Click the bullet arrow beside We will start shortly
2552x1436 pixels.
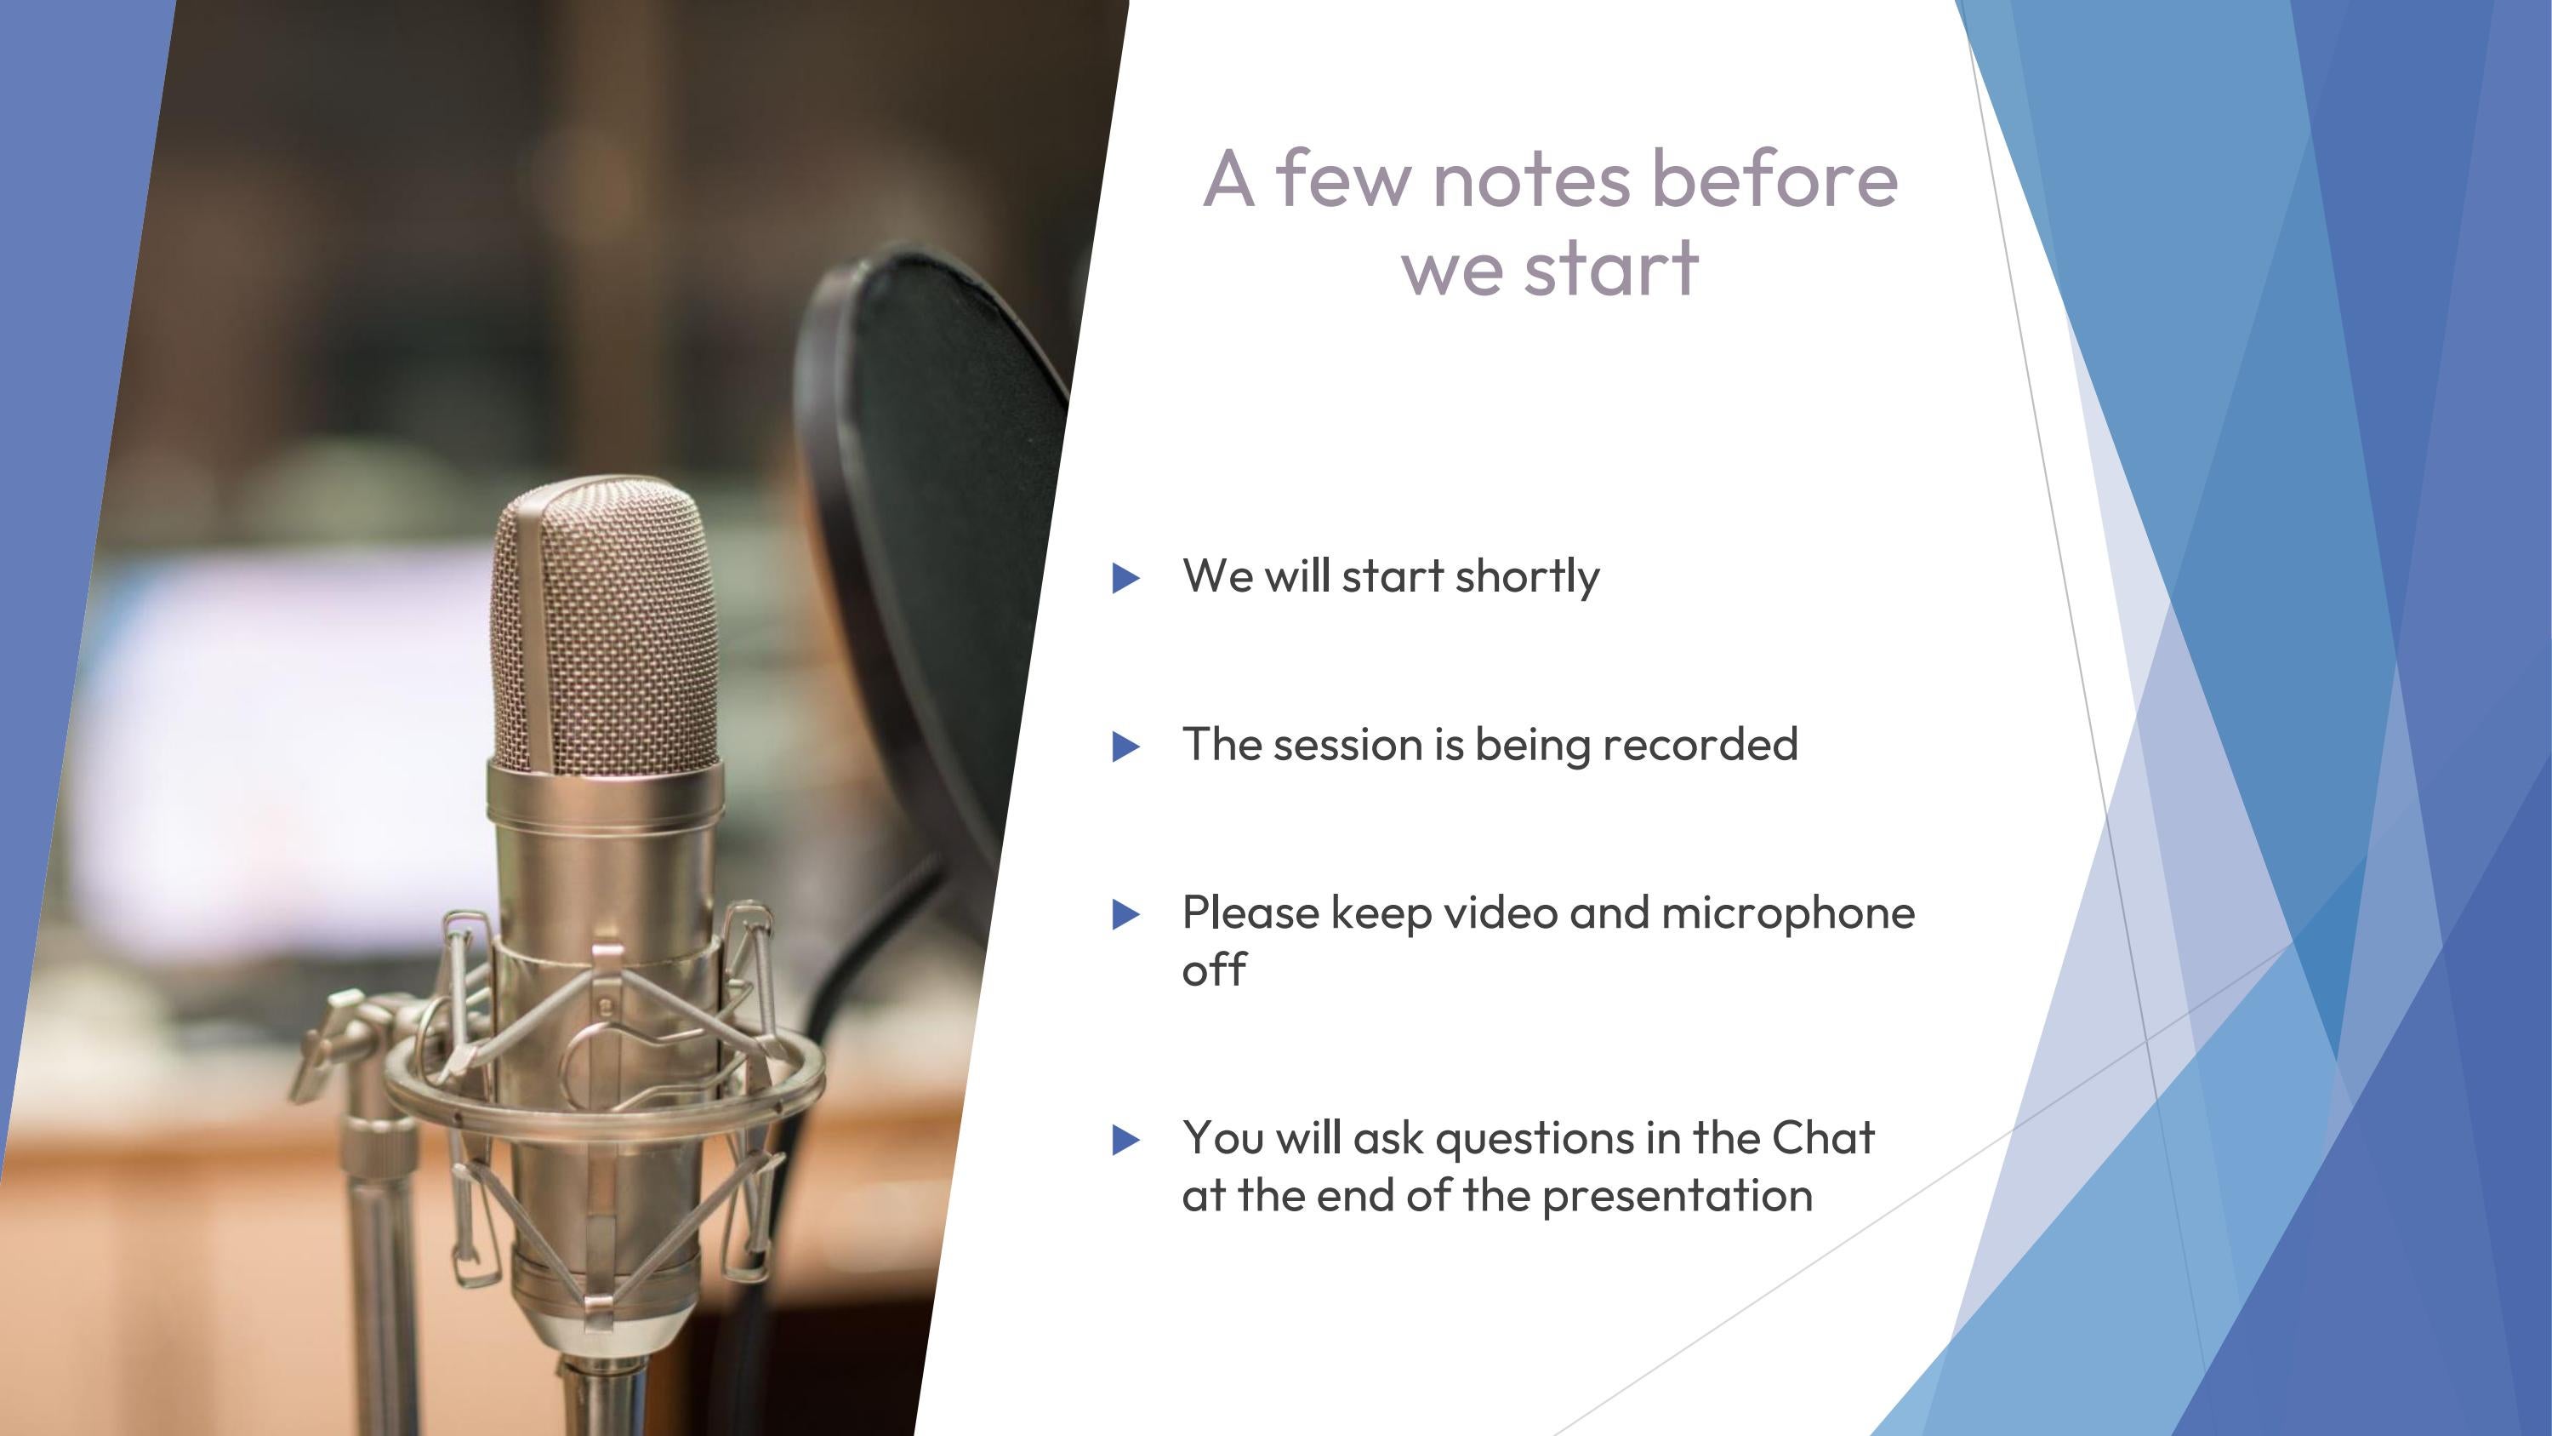[1126, 578]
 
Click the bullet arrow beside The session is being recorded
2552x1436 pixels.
[1126, 747]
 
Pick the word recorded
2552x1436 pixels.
[1700, 744]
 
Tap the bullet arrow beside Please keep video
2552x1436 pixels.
[1126, 915]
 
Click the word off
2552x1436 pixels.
[1214, 970]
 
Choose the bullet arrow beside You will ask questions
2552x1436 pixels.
[1126, 1140]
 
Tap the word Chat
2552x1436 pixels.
[1823, 1139]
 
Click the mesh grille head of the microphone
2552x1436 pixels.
[604, 624]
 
